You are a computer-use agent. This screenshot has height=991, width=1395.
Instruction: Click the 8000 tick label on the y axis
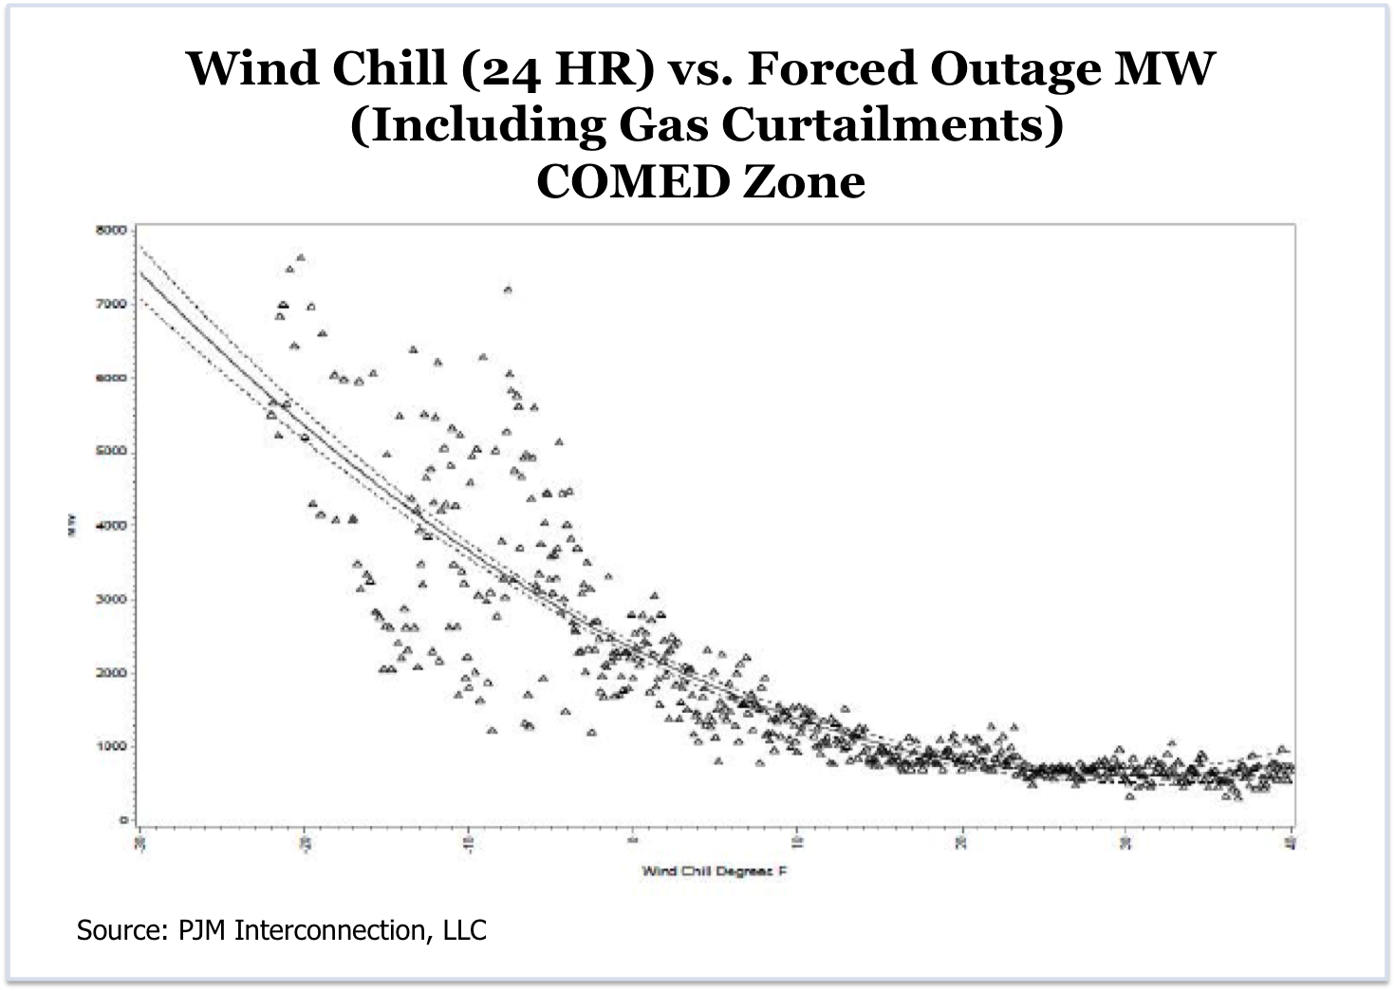click(x=112, y=230)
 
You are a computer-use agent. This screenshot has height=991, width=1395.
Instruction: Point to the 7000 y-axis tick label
click(x=112, y=304)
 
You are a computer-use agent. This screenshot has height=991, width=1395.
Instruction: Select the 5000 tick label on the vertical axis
click(x=112, y=451)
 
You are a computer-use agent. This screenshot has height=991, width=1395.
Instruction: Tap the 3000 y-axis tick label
click(x=112, y=599)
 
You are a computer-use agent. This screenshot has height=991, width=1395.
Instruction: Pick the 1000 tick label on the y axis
click(x=112, y=746)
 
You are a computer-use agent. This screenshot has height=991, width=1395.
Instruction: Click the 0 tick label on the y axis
click(x=123, y=819)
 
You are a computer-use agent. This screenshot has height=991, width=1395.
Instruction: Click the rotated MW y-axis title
click(x=72, y=525)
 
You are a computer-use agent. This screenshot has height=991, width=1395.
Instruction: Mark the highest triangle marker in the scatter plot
click(x=301, y=257)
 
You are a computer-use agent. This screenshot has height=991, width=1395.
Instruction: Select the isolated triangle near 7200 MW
click(x=508, y=290)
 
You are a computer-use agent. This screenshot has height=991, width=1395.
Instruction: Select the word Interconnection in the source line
click(x=334, y=929)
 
